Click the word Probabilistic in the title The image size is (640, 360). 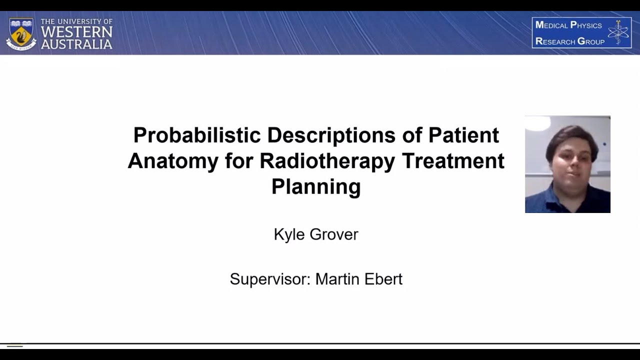click(x=196, y=135)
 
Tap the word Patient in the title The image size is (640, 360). click(x=463, y=135)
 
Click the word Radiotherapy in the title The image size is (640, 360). click(x=327, y=161)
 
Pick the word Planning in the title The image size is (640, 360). click(x=316, y=186)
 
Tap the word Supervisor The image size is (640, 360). click(x=270, y=279)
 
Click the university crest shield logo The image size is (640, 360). click(x=21, y=33)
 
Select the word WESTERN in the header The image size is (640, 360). click(x=76, y=32)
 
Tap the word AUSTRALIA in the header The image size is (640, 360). click(x=76, y=44)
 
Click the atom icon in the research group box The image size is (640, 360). click(x=618, y=33)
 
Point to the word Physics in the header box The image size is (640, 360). click(x=585, y=25)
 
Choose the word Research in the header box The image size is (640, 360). click(x=555, y=41)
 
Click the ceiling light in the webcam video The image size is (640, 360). click(x=537, y=122)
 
